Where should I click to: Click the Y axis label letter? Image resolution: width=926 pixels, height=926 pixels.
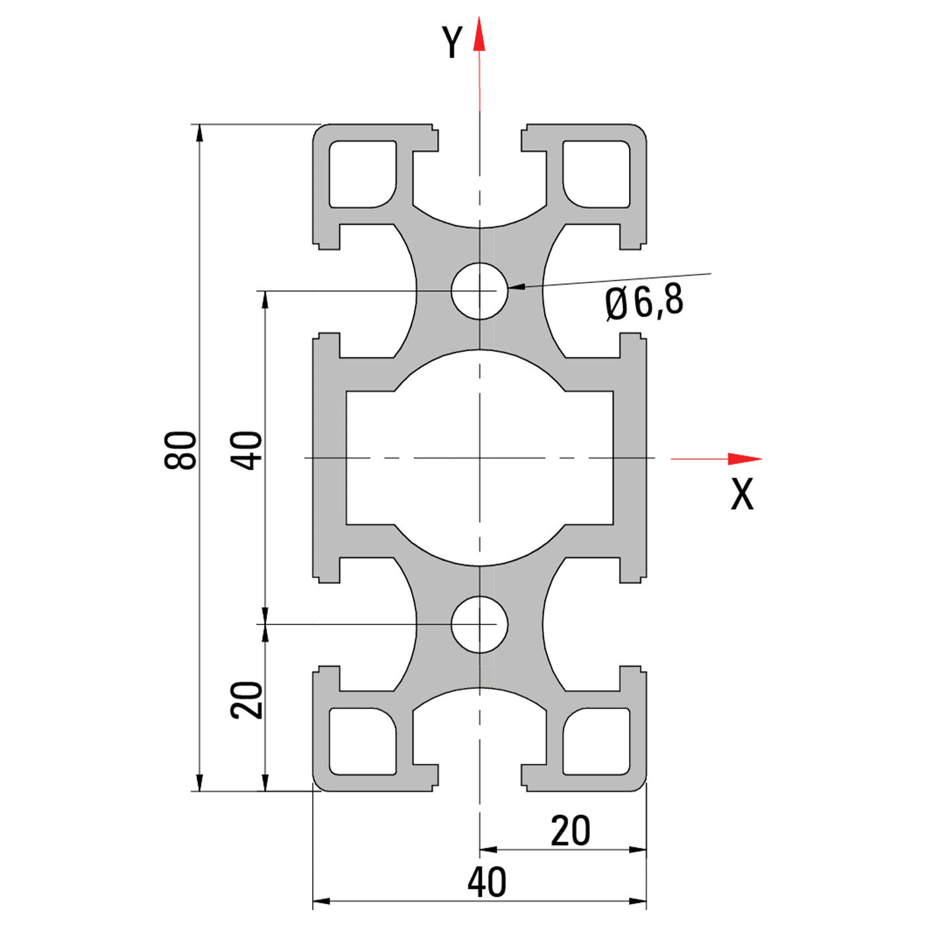click(x=452, y=43)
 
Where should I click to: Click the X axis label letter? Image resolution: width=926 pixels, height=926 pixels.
click(x=741, y=494)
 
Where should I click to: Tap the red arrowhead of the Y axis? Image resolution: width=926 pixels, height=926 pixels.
click(x=480, y=36)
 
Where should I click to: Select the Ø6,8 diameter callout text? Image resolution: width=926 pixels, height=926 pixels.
click(x=644, y=303)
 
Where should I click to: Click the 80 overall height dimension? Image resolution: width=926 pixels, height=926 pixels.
click(x=181, y=450)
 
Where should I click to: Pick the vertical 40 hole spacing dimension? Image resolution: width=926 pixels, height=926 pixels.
click(x=246, y=450)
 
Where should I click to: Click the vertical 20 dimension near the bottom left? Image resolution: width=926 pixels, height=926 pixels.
click(x=247, y=700)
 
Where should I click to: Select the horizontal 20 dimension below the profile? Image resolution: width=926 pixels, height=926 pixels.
click(x=570, y=831)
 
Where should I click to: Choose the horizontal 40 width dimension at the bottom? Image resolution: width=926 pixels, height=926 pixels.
click(x=487, y=882)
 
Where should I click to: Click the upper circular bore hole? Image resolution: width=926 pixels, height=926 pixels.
click(x=480, y=291)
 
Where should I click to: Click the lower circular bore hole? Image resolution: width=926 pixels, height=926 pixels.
click(x=480, y=624)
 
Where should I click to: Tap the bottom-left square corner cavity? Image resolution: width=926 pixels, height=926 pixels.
click(x=362, y=741)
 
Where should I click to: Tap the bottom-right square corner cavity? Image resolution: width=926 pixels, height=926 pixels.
click(x=596, y=741)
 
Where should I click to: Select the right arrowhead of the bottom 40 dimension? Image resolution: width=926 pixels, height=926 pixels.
click(x=638, y=901)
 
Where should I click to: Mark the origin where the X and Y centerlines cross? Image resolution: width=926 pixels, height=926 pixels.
click(x=480, y=458)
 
